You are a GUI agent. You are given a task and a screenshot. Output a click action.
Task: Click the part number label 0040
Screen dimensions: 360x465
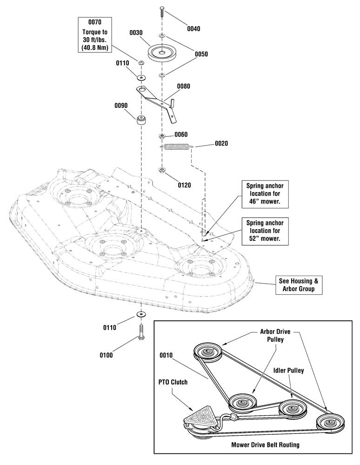(x=193, y=29)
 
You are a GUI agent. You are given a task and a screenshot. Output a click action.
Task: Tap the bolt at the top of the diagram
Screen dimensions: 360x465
(x=162, y=11)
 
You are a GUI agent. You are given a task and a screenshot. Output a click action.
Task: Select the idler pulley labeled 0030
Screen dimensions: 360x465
(x=162, y=53)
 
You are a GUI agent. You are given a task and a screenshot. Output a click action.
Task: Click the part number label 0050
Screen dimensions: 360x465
(x=201, y=54)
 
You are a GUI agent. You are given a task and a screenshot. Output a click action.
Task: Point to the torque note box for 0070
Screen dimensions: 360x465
(x=95, y=35)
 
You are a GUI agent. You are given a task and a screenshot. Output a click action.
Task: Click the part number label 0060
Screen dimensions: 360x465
(x=181, y=135)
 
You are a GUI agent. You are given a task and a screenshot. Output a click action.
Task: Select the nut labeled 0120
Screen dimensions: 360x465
(x=162, y=171)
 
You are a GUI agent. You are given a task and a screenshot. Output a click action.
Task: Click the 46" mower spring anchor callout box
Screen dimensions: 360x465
(x=265, y=193)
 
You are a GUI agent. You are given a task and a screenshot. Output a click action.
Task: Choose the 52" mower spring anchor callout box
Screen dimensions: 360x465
(x=265, y=231)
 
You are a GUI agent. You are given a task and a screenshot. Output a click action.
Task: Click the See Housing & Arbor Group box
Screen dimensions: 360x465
(x=299, y=285)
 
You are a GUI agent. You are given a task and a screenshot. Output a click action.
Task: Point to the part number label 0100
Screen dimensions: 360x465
(x=106, y=355)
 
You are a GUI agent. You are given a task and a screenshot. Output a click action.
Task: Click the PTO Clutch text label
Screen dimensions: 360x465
(x=173, y=382)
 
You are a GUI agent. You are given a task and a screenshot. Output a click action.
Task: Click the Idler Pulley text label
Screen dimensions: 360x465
(x=288, y=371)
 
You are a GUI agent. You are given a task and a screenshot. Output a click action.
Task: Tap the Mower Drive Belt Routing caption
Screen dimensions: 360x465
(x=265, y=445)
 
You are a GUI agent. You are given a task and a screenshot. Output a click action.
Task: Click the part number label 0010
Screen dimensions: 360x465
(x=166, y=355)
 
